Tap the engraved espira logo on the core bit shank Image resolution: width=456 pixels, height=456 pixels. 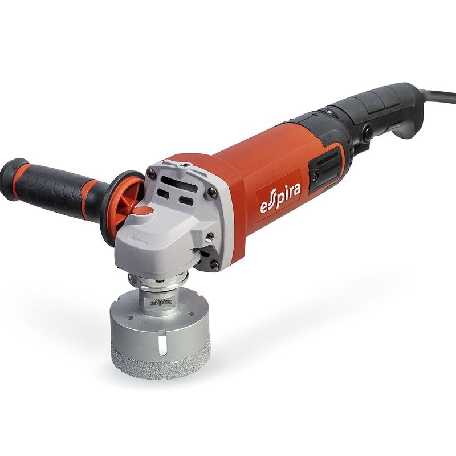pos(161,303)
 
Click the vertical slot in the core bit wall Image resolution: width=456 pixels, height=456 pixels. pos(164,345)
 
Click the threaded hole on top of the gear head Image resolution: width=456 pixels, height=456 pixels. pos(183,166)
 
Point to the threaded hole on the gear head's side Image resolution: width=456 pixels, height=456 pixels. pos(209,235)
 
